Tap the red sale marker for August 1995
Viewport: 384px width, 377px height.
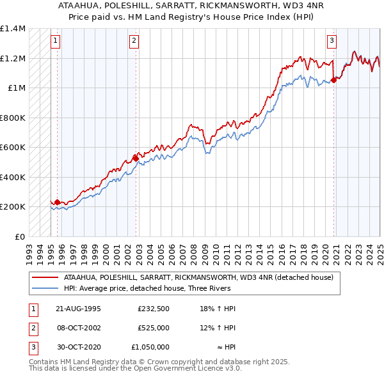[x=57, y=203]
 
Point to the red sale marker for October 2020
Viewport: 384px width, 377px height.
[x=334, y=80]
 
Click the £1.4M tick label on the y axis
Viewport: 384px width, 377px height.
[x=13, y=29]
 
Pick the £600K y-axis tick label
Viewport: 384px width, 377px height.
[x=13, y=148]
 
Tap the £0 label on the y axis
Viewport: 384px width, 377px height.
[x=19, y=236]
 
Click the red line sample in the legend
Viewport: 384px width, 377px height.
[x=45, y=278]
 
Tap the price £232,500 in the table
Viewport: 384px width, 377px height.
[x=153, y=309]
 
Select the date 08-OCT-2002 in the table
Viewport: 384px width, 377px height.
[x=79, y=328]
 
